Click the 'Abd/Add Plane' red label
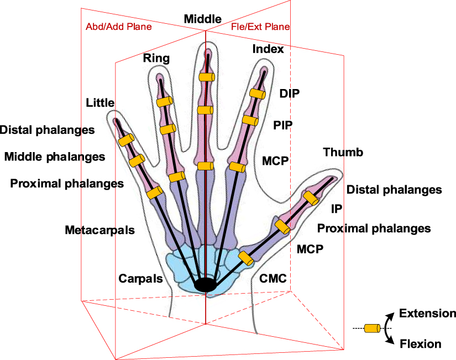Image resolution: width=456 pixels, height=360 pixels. point(118,27)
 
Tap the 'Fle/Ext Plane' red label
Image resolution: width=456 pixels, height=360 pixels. point(260,27)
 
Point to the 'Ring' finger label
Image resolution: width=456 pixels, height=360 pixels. point(156,58)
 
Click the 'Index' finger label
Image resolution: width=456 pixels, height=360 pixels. point(268,49)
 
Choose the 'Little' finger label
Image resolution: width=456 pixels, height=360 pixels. point(100,103)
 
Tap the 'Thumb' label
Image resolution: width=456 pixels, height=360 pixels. point(343,152)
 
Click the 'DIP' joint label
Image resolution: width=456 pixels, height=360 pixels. point(289,93)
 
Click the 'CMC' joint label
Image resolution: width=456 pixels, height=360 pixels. point(273,278)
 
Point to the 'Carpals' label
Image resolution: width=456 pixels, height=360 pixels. point(141,278)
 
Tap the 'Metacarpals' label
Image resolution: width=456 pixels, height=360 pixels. point(99,229)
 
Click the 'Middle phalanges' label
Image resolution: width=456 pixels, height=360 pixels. point(55,156)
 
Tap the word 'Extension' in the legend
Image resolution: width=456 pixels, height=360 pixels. point(428,314)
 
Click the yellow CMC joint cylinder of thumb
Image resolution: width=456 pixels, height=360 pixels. point(245,257)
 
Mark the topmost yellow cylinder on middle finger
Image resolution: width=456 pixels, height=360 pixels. point(206,77)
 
